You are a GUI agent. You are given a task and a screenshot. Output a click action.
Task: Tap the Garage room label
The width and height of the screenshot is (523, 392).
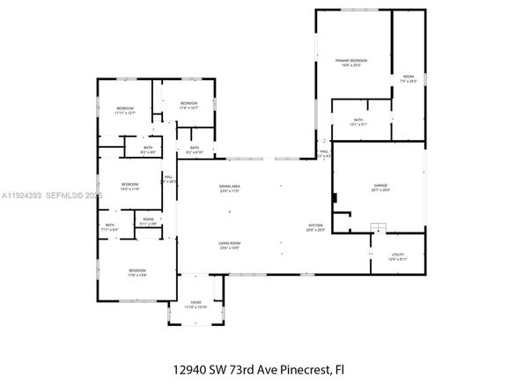point(379,186)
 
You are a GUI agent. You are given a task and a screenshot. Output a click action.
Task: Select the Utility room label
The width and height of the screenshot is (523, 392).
point(399,255)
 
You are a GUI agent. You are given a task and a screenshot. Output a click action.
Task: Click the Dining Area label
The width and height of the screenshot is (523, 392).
point(231,187)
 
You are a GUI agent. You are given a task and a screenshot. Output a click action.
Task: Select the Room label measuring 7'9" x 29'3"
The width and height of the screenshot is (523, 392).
point(409,77)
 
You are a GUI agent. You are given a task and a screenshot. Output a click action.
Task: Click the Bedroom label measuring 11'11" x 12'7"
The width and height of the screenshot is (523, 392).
point(124,108)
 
